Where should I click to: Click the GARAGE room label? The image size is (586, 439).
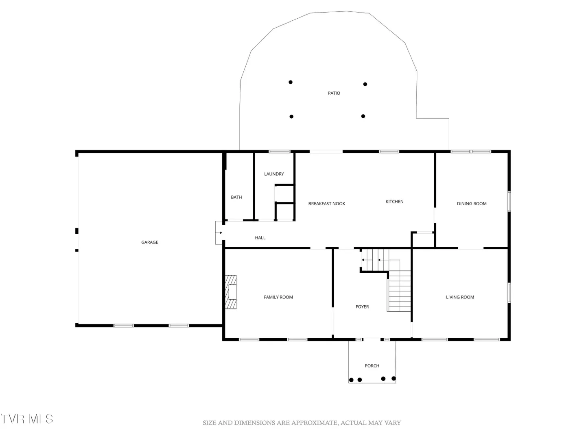[149, 242]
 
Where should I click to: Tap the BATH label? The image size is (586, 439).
[236, 197]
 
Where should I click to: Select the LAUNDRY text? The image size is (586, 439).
[274, 174]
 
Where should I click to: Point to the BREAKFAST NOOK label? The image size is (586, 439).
[326, 203]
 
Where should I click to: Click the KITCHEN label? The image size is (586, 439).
[394, 202]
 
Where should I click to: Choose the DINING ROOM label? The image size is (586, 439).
[472, 203]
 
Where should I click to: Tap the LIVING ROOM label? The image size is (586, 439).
[460, 297]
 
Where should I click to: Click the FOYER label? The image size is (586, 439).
[362, 306]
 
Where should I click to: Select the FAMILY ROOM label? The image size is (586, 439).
[278, 297]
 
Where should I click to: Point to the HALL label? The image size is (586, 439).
[260, 237]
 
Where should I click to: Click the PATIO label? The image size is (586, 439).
[334, 93]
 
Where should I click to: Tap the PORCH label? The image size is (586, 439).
[372, 365]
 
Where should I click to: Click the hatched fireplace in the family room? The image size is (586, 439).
[231, 292]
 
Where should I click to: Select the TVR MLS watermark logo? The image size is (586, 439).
[27, 419]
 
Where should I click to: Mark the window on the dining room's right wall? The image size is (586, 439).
[509, 201]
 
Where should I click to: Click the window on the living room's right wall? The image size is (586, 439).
[509, 293]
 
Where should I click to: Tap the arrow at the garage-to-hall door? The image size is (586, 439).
[219, 233]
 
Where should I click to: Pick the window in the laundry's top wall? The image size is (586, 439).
[279, 151]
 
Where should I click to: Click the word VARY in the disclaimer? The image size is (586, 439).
[392, 423]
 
